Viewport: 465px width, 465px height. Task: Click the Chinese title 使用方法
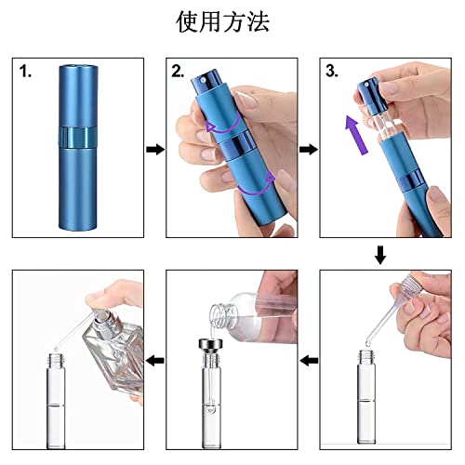222,21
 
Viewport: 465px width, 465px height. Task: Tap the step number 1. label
25,72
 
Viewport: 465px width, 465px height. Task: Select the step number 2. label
178,72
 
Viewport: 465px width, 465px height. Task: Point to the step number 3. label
332,72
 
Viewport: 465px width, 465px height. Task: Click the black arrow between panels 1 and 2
155,150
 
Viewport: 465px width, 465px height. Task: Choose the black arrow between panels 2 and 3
309,150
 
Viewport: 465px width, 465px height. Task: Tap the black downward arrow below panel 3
380,255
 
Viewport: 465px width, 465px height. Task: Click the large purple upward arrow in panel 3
356,135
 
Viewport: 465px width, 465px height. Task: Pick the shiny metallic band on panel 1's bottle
78,138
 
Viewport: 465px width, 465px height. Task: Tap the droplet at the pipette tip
368,342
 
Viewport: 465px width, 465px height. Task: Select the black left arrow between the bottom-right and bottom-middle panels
309,361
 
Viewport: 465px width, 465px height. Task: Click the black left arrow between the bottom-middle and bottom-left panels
155,361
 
